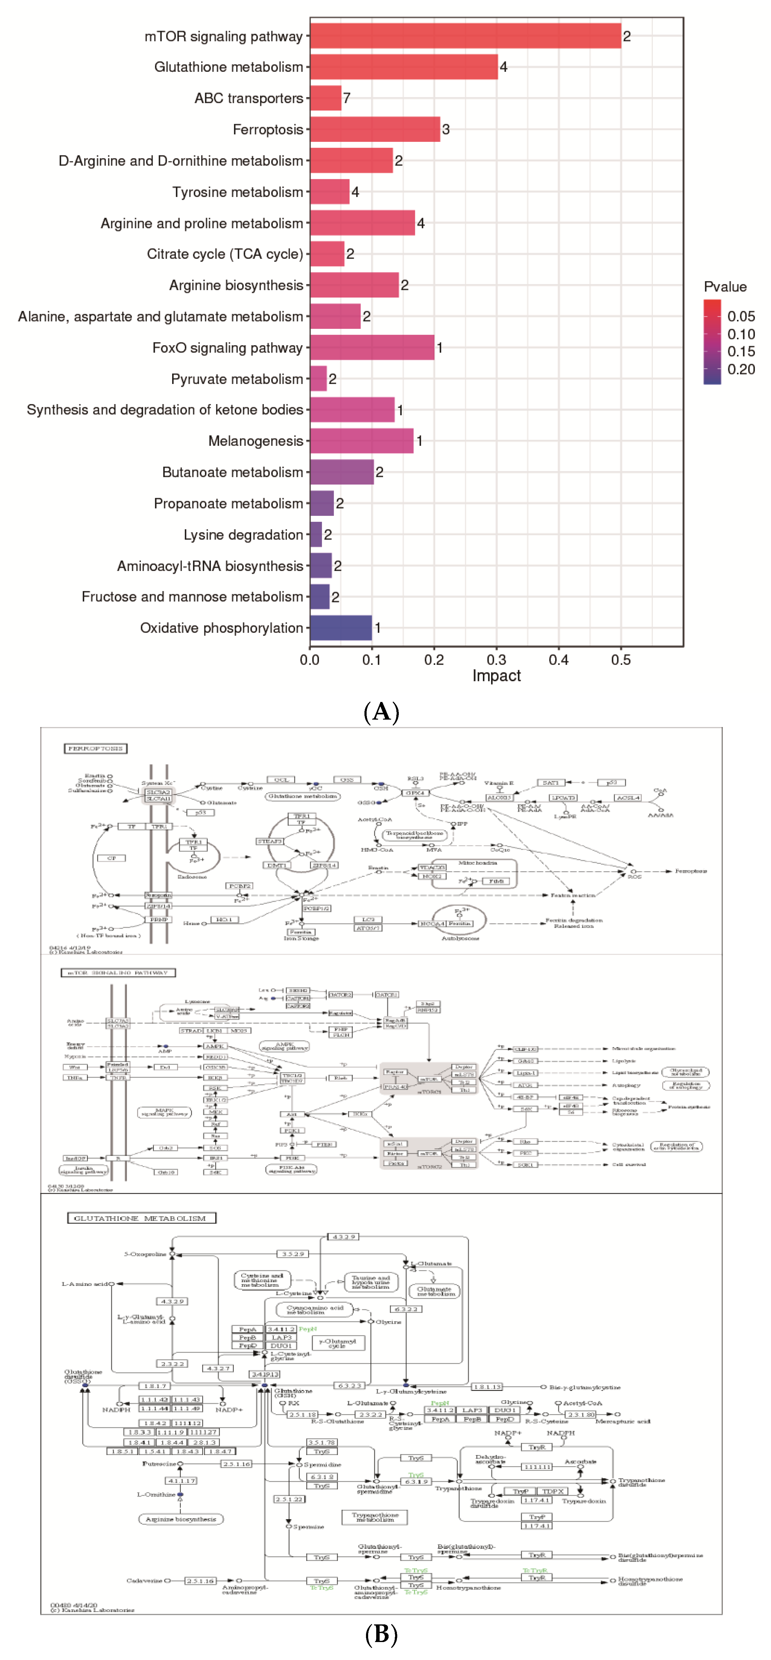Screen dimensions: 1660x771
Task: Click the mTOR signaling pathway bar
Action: coord(465,36)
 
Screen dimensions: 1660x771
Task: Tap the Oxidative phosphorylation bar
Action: coord(340,628)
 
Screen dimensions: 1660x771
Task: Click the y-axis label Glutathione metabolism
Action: coord(228,67)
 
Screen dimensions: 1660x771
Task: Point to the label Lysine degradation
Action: coord(243,535)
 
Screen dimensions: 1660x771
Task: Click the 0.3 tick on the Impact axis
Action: coord(496,660)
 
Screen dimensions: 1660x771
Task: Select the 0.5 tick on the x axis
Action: coord(621,660)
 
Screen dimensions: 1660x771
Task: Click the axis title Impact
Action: coord(496,676)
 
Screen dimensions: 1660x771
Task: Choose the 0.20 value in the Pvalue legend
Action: coord(741,369)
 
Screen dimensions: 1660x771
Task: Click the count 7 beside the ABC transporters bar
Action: coord(347,98)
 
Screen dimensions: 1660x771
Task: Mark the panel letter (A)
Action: coord(382,712)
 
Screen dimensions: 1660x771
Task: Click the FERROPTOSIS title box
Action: coord(95,748)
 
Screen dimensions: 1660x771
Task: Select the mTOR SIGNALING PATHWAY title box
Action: coord(118,972)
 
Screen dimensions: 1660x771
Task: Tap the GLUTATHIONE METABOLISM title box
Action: coord(141,1218)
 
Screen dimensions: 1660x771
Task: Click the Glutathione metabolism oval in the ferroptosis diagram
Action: coord(302,796)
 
